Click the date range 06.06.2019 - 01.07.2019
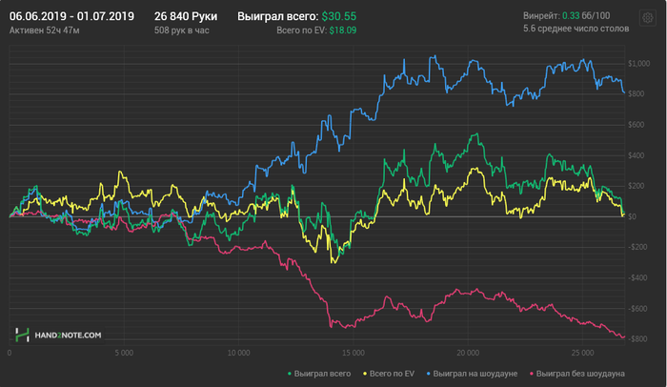point(71,16)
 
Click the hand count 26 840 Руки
point(185,16)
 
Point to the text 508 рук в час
point(181,31)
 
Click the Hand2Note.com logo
point(58,335)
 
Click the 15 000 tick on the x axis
point(353,352)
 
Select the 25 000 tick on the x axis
point(581,352)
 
